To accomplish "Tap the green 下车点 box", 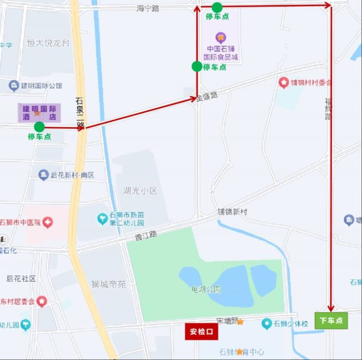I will (331, 321).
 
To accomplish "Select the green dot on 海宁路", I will (217, 7).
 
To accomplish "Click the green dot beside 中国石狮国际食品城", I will (197, 66).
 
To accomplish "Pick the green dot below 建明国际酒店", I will (39, 127).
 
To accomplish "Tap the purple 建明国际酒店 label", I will (39, 113).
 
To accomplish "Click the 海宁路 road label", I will (148, 9).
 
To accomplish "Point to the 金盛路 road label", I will (207, 96).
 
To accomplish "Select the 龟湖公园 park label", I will (206, 289).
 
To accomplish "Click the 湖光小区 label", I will (140, 191).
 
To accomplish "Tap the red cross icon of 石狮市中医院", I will (48, 222).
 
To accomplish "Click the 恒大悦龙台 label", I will (48, 43).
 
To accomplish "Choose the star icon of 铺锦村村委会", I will (284, 83).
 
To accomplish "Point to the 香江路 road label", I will (146, 235).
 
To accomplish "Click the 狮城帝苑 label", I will (109, 284).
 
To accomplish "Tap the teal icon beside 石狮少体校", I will (267, 324).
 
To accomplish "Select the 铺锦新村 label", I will (233, 212).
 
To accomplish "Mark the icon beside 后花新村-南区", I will (43, 175).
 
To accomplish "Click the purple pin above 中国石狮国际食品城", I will (220, 37).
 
